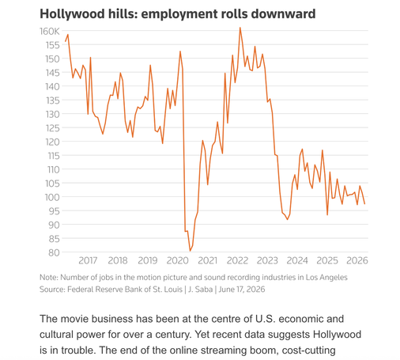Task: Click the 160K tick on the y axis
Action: click(50, 32)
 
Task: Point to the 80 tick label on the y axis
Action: click(54, 252)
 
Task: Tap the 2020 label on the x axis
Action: click(178, 260)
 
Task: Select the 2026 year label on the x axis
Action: click(357, 260)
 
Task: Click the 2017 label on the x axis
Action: click(88, 260)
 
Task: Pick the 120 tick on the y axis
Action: click(52, 142)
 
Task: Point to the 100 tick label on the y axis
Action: click(52, 197)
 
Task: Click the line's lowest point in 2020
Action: click(190, 251)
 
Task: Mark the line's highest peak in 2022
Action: click(240, 28)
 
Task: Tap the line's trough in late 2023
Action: click(288, 219)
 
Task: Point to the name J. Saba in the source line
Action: click(200, 290)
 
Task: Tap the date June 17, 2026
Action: click(242, 290)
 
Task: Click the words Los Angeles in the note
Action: click(326, 278)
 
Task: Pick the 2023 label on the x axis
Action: click(267, 260)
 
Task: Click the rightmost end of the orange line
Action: click(364, 204)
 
